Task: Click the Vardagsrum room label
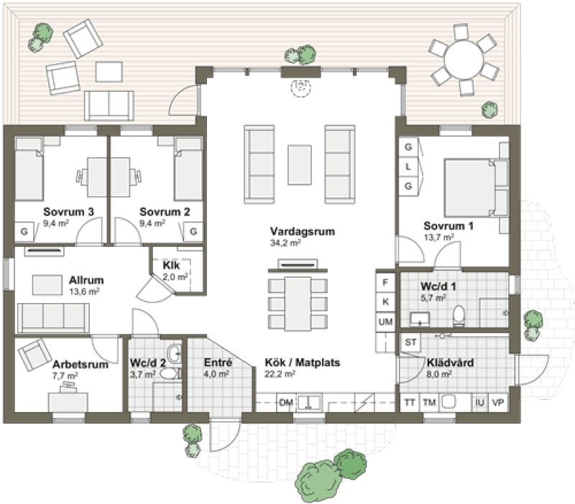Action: tap(302, 231)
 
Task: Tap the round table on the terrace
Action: tap(464, 59)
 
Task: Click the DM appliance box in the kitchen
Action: tap(286, 403)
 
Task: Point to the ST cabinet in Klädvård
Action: tap(410, 342)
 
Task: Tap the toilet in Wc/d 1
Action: tap(459, 315)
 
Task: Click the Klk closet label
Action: tap(171, 265)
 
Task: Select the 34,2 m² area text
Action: tap(285, 243)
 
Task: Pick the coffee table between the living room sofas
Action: tap(300, 165)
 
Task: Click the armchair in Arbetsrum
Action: tap(34, 354)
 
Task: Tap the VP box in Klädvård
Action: tap(498, 403)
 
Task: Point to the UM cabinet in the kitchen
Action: tap(385, 322)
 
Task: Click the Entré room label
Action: tap(218, 363)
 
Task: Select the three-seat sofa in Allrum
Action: tap(53, 318)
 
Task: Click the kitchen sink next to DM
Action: tap(309, 403)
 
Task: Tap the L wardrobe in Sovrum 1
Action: tap(408, 167)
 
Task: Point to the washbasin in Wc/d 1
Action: tap(420, 319)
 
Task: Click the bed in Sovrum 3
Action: tap(29, 169)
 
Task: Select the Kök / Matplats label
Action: tap(302, 363)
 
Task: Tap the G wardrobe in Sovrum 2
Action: tap(193, 231)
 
